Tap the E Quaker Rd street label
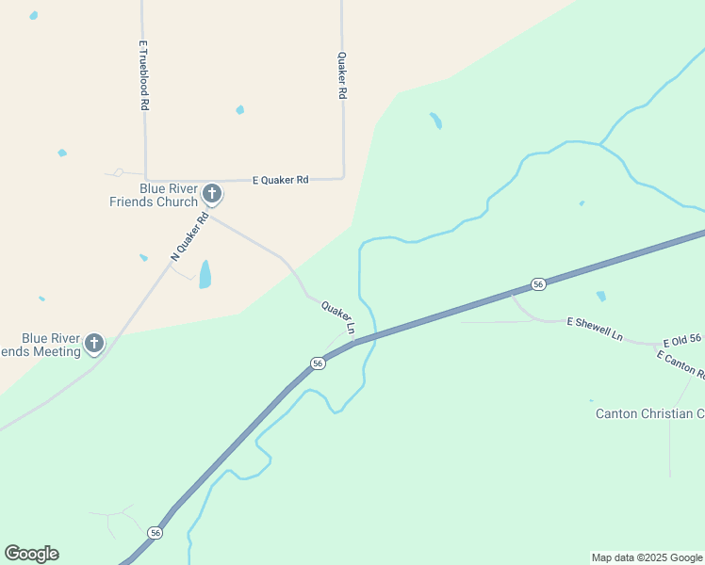pyautogui.click(x=280, y=179)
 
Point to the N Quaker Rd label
pyautogui.click(x=189, y=241)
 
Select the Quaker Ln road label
pyautogui.click(x=337, y=318)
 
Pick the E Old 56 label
pyautogui.click(x=682, y=341)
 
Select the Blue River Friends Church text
pyautogui.click(x=169, y=195)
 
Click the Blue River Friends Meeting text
pyautogui.click(x=47, y=345)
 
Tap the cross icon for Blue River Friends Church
pyautogui.click(x=212, y=195)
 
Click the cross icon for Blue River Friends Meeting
pyautogui.click(x=94, y=344)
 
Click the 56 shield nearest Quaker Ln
pyautogui.click(x=319, y=363)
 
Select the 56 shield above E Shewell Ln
pyautogui.click(x=537, y=283)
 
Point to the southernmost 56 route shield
pyautogui.click(x=156, y=533)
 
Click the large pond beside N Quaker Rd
pyautogui.click(x=205, y=275)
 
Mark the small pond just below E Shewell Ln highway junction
pyautogui.click(x=600, y=296)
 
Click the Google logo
pyautogui.click(x=31, y=554)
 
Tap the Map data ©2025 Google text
pyautogui.click(x=648, y=557)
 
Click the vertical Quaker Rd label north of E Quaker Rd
pyautogui.click(x=342, y=76)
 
